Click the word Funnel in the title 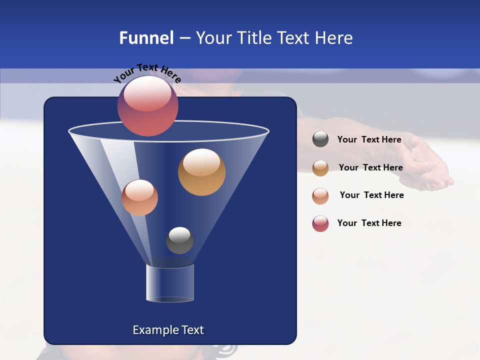click(146, 38)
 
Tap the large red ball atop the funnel click(147, 105)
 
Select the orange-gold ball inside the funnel click(201, 172)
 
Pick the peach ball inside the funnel click(139, 197)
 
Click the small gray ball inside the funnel click(179, 240)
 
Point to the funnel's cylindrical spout click(170, 283)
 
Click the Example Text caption click(168, 330)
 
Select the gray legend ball click(320, 139)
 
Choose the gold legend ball click(320, 168)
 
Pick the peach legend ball click(320, 196)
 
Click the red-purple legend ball click(320, 223)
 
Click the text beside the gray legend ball click(369, 139)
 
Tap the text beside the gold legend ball click(370, 167)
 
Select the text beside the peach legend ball click(371, 195)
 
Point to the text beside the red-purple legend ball click(369, 223)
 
